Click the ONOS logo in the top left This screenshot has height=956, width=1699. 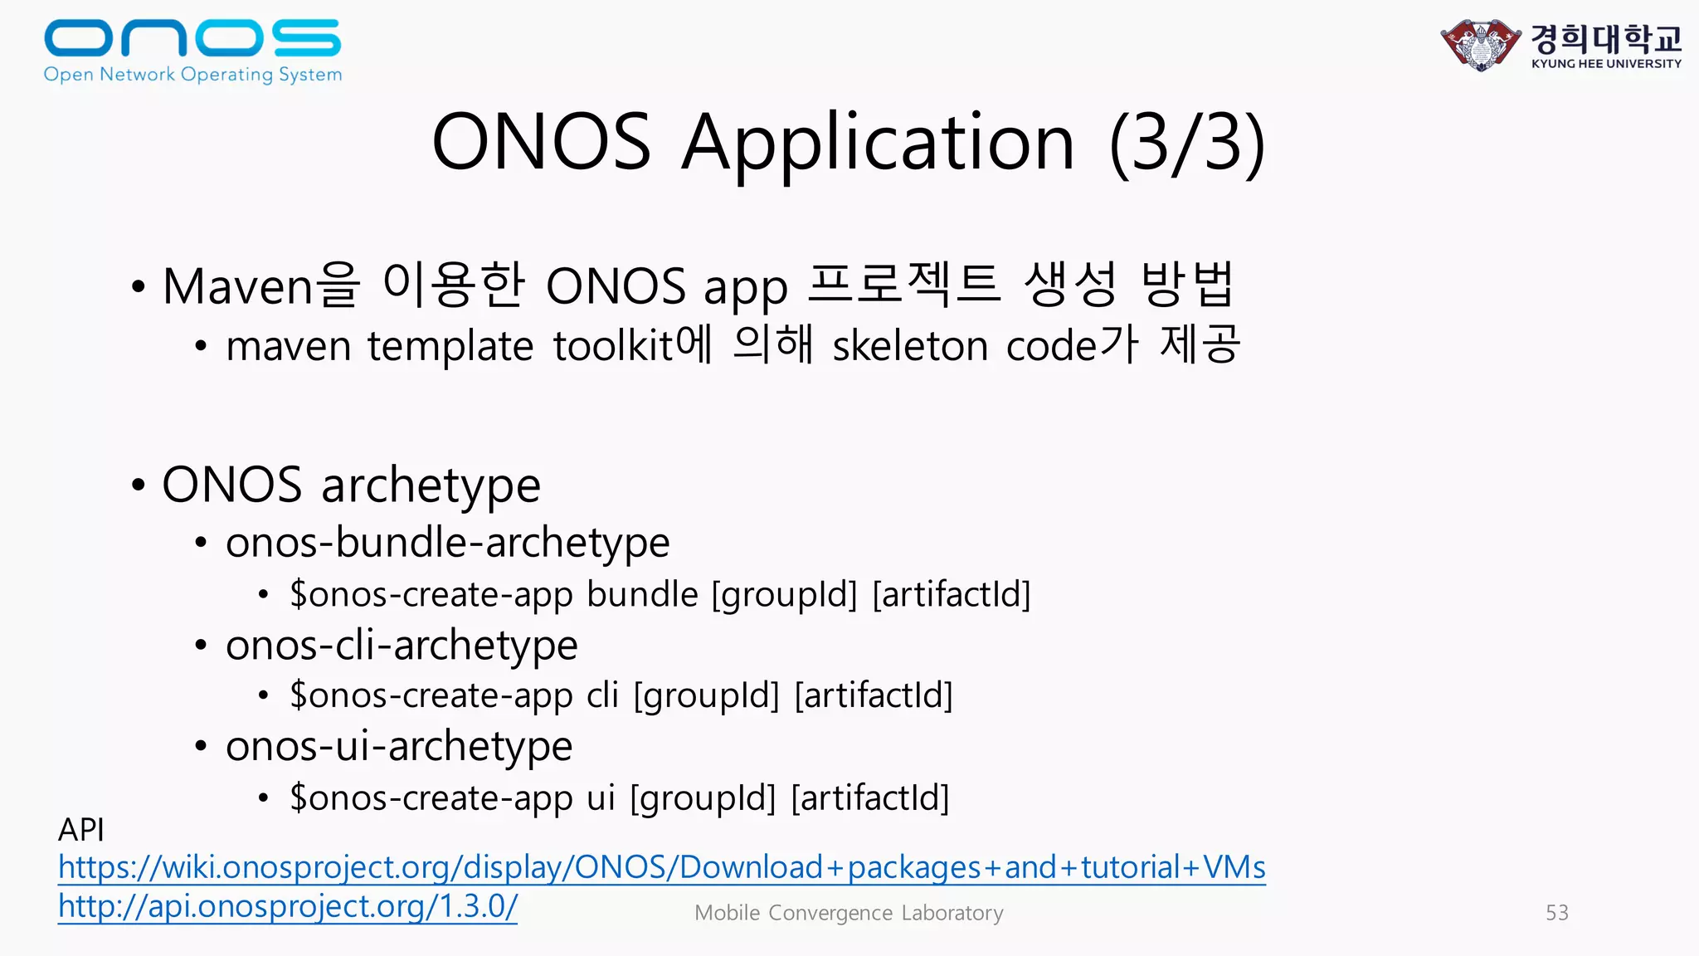click(x=192, y=50)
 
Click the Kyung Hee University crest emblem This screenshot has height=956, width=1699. click(x=1480, y=45)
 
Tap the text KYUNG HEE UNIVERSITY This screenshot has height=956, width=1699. click(x=1606, y=64)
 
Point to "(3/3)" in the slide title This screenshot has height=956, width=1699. click(x=1187, y=143)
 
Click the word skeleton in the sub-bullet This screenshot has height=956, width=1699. click(x=910, y=346)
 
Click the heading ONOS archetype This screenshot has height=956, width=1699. click(x=351, y=485)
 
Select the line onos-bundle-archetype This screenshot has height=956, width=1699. click(x=447, y=543)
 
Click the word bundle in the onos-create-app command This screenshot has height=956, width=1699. click(x=642, y=594)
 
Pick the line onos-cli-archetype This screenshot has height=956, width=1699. click(x=402, y=646)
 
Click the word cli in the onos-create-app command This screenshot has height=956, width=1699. click(x=602, y=695)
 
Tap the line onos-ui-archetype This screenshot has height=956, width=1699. click(x=399, y=747)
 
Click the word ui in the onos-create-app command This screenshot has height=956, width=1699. click(x=601, y=797)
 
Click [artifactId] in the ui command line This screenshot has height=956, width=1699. click(x=870, y=797)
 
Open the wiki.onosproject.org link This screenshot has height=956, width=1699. click(x=661, y=867)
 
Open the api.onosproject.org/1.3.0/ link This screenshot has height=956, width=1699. click(x=287, y=906)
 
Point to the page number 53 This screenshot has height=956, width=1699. click(x=1556, y=913)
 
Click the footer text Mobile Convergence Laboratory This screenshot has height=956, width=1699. click(x=849, y=913)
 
